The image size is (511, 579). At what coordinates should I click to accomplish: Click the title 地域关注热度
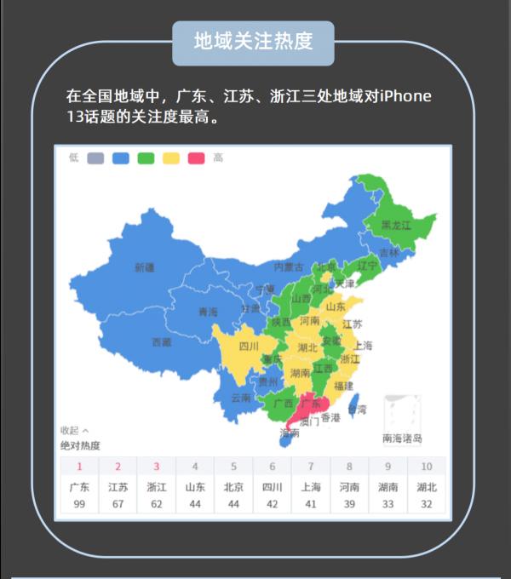click(x=253, y=41)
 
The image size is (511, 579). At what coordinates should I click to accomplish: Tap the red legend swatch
click(x=196, y=158)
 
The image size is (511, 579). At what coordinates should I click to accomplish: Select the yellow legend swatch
click(x=170, y=158)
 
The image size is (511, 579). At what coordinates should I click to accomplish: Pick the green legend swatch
click(x=146, y=158)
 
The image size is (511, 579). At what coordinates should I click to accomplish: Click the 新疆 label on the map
click(x=145, y=267)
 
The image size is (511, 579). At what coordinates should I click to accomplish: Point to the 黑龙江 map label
click(x=396, y=226)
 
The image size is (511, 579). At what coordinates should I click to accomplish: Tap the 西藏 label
click(x=162, y=342)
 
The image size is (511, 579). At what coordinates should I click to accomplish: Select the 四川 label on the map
click(x=248, y=347)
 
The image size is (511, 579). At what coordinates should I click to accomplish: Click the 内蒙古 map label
click(x=288, y=267)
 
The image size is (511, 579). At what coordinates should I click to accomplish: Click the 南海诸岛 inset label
click(x=402, y=439)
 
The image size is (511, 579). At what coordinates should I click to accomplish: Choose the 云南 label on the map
click(x=241, y=398)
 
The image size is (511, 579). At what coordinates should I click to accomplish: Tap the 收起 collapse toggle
click(x=74, y=430)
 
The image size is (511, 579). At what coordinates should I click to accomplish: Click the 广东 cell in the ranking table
click(x=79, y=488)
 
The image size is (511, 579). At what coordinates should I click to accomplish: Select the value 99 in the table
click(x=79, y=504)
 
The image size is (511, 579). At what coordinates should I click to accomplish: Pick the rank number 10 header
click(x=427, y=467)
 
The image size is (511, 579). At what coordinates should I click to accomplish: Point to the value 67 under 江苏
click(x=118, y=504)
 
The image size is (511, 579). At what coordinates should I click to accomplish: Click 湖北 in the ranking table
click(x=427, y=488)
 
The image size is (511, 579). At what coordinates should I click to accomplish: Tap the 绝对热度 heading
click(x=80, y=445)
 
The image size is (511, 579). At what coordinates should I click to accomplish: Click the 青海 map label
click(x=208, y=312)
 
